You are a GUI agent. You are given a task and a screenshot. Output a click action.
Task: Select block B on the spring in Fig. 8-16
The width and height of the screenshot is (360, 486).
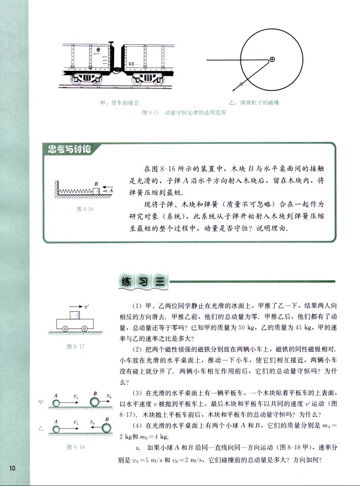[96, 190]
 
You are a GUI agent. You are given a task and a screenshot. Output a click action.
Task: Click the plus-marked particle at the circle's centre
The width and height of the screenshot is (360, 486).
[272, 59]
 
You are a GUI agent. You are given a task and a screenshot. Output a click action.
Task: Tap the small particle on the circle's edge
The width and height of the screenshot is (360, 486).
[241, 84]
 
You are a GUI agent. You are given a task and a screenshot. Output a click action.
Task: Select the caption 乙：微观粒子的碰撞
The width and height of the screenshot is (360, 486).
[256, 103]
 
